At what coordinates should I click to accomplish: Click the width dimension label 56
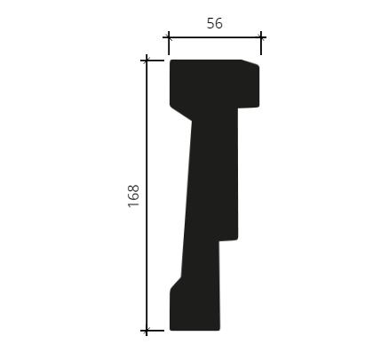[x=215, y=23]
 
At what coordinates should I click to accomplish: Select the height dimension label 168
[x=133, y=196]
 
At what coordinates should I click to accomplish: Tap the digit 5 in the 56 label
[x=210, y=23]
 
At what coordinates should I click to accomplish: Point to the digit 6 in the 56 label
[x=218, y=23]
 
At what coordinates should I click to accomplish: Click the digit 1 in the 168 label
[x=133, y=204]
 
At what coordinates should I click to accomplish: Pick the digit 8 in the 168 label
[x=133, y=188]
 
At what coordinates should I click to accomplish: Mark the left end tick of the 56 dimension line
[x=169, y=37]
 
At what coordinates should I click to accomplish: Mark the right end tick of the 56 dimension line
[x=261, y=37]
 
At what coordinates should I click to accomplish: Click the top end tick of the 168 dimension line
[x=147, y=60]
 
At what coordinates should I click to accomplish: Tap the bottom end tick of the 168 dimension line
[x=147, y=331]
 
